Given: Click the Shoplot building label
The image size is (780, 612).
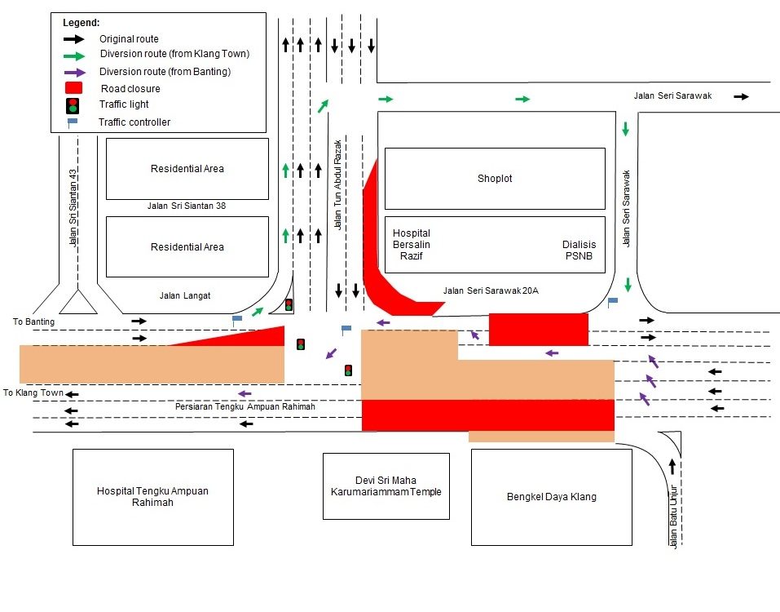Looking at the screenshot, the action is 495,178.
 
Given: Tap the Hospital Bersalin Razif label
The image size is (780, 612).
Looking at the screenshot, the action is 412,245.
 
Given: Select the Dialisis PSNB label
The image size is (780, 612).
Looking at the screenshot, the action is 579,250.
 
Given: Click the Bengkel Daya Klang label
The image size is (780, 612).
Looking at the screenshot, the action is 551,496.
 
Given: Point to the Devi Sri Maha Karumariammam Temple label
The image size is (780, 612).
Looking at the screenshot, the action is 386,486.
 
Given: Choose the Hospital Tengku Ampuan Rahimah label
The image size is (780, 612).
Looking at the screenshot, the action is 152,496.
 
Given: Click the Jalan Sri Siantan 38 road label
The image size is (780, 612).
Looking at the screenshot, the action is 187,206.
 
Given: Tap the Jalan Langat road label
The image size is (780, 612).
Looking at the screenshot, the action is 185,295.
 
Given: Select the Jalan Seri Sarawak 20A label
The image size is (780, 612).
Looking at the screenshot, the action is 491,290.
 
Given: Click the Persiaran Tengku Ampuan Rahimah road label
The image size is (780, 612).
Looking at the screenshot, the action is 245,406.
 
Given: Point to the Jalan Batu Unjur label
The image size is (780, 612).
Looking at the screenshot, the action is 673,517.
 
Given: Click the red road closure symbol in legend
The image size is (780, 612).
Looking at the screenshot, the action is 73,88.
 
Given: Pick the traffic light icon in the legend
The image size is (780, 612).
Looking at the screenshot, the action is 73,105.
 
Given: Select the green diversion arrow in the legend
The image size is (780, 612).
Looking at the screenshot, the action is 74,56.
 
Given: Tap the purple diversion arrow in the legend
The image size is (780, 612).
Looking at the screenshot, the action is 75,72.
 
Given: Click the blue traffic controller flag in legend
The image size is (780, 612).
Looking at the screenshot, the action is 72,122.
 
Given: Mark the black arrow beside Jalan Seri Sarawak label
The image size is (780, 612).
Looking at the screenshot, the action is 741,96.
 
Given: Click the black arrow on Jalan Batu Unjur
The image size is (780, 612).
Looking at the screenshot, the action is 672,466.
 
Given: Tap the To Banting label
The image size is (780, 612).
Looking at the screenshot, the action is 34,322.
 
